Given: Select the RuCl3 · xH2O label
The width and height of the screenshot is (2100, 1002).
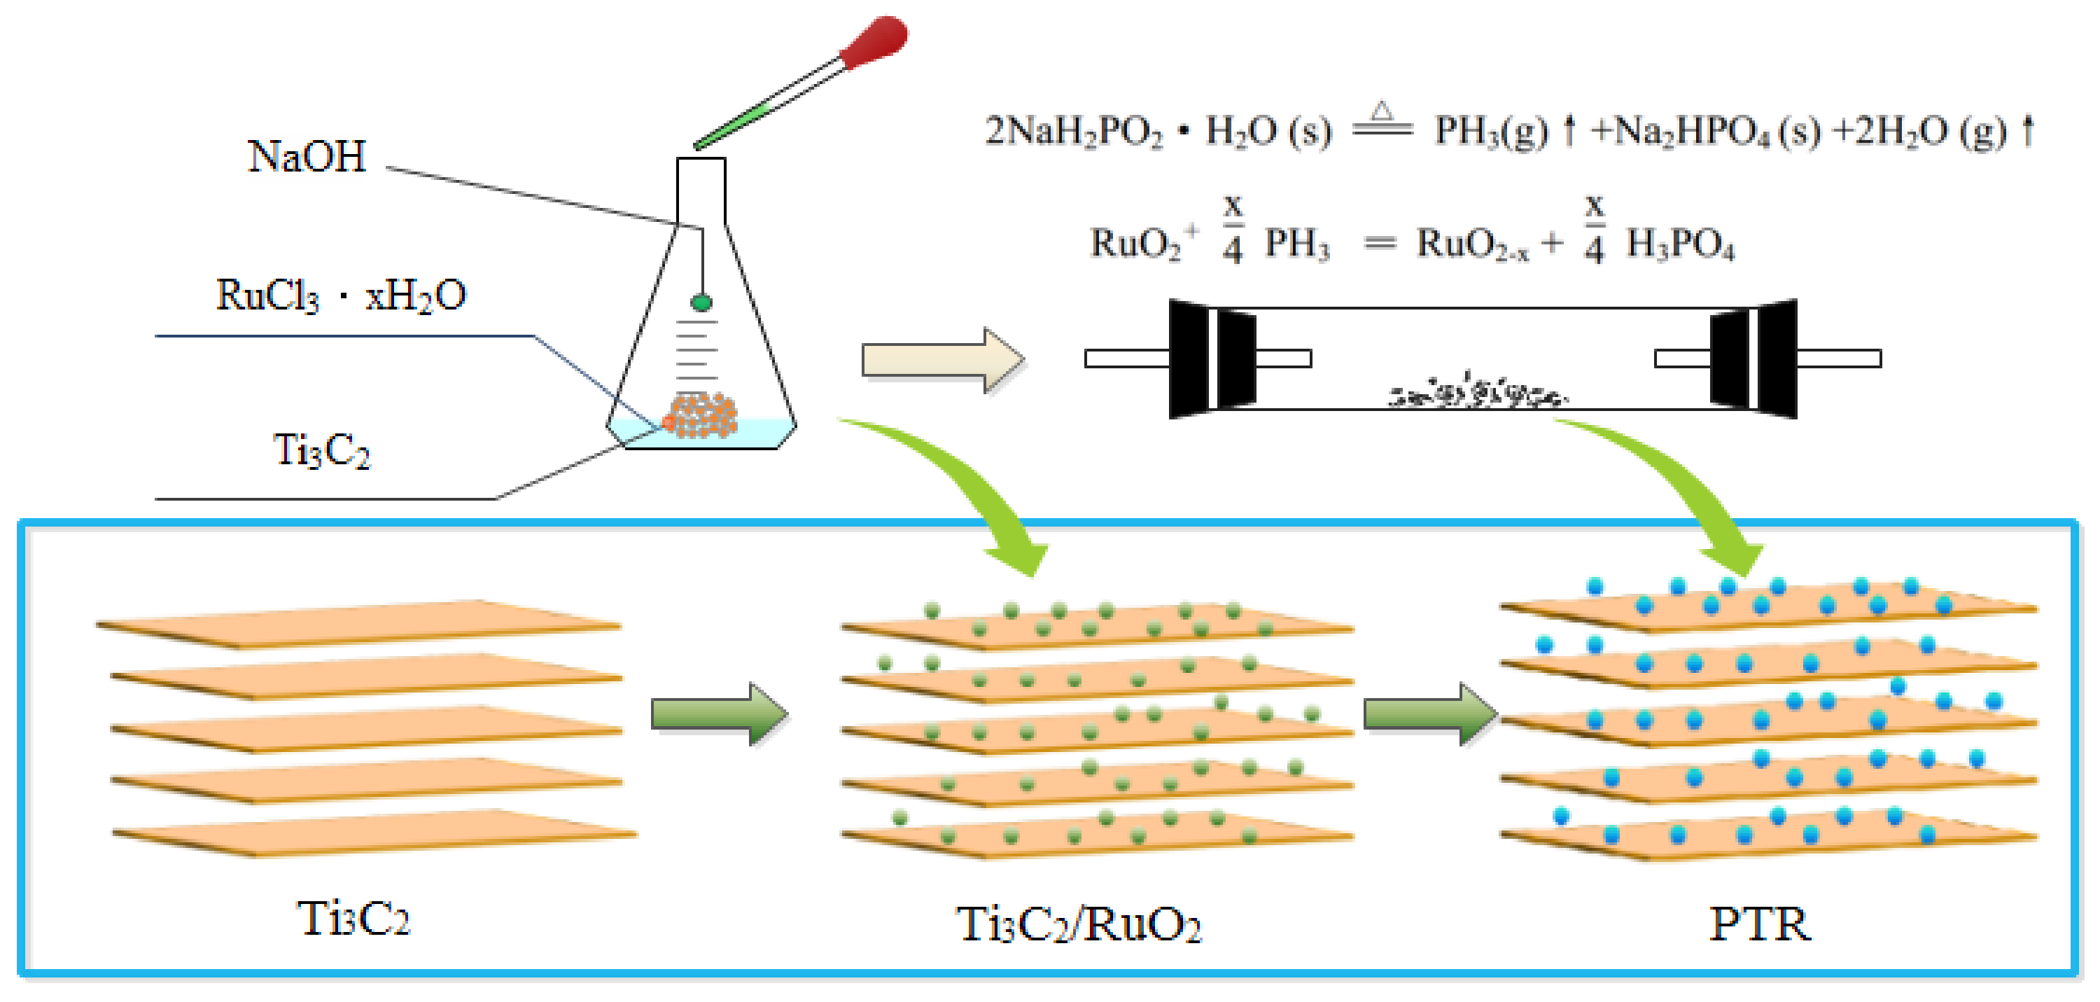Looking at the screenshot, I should coord(341,295).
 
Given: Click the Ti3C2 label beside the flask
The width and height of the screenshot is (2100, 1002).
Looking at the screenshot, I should coord(321,450).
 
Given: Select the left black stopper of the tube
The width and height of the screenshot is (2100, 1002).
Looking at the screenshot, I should coord(1210,359).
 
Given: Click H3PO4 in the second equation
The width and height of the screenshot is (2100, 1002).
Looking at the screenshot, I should coord(1680,244).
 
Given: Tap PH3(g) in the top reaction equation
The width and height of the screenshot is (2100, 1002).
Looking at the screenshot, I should coord(1491,131).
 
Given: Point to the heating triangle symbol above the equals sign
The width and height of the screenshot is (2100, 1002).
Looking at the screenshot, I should coord(1381,111).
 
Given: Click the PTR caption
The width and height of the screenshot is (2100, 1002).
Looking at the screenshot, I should coord(1758,924).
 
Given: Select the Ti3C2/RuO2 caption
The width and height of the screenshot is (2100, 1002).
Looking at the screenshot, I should coord(1079,924).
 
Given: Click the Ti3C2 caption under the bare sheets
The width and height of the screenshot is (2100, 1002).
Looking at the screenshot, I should coord(352,919).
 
